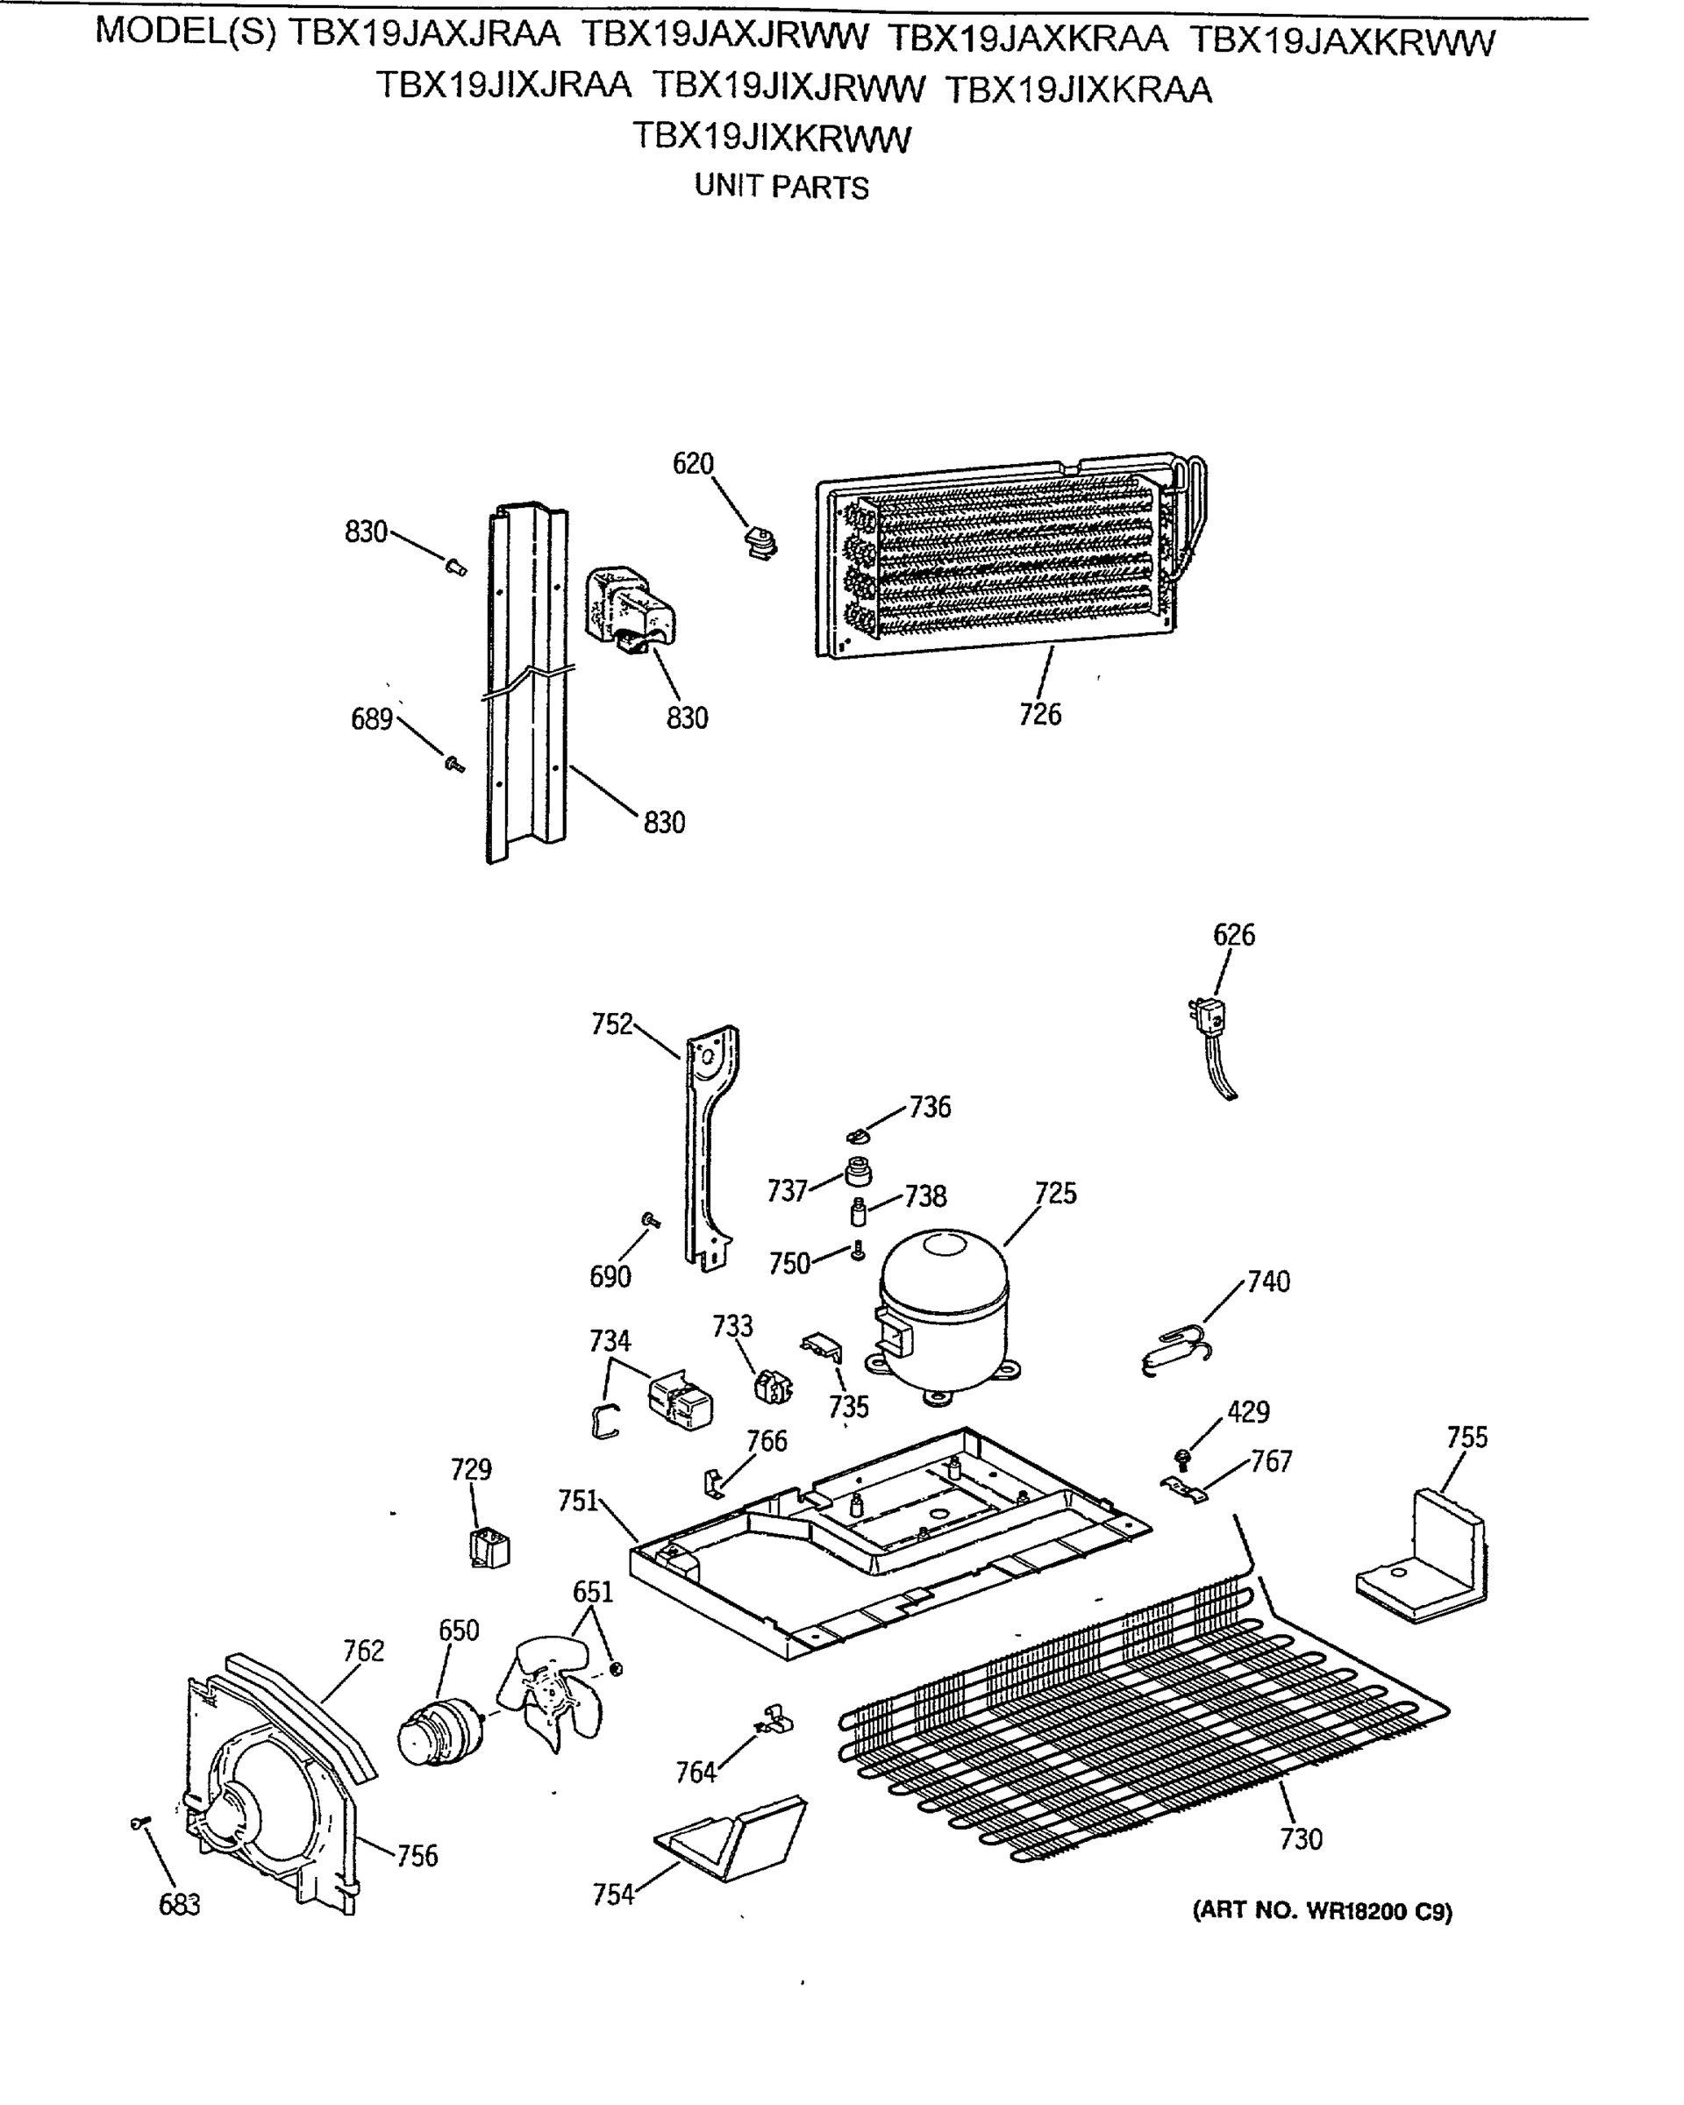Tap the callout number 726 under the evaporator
click(1039, 715)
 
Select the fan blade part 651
click(550, 1696)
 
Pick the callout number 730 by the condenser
click(1301, 1839)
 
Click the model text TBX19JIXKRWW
click(771, 139)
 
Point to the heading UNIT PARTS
click(781, 187)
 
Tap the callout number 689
click(371, 719)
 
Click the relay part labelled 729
click(489, 1548)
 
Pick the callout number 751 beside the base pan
click(577, 1501)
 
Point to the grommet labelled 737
click(857, 1171)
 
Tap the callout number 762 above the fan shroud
click(363, 1651)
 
